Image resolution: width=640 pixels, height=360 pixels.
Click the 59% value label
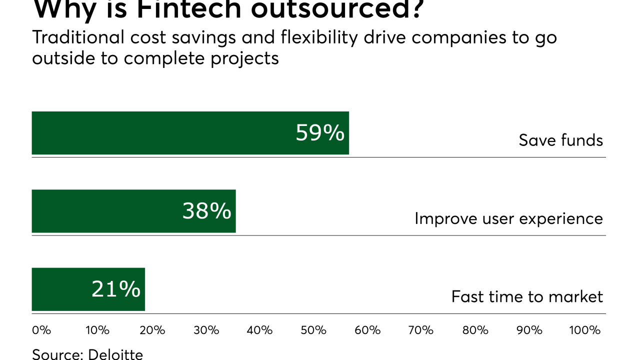point(320,133)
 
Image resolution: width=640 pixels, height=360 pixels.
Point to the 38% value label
point(206,211)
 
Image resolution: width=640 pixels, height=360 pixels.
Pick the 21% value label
point(116,289)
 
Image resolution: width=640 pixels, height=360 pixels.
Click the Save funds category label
point(560,140)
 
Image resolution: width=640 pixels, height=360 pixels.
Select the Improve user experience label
point(508,218)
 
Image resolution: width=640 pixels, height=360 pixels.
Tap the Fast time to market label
point(527,296)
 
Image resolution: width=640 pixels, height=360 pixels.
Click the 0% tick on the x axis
point(41,330)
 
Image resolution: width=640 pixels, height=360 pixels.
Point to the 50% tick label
point(313,330)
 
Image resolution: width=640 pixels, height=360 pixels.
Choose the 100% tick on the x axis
point(584,330)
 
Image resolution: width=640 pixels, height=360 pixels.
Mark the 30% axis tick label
point(206,330)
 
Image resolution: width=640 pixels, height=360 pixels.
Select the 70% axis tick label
point(421,330)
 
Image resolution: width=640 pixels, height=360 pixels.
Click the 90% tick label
point(529,330)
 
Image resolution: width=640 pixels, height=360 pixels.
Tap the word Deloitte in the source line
point(115,354)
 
